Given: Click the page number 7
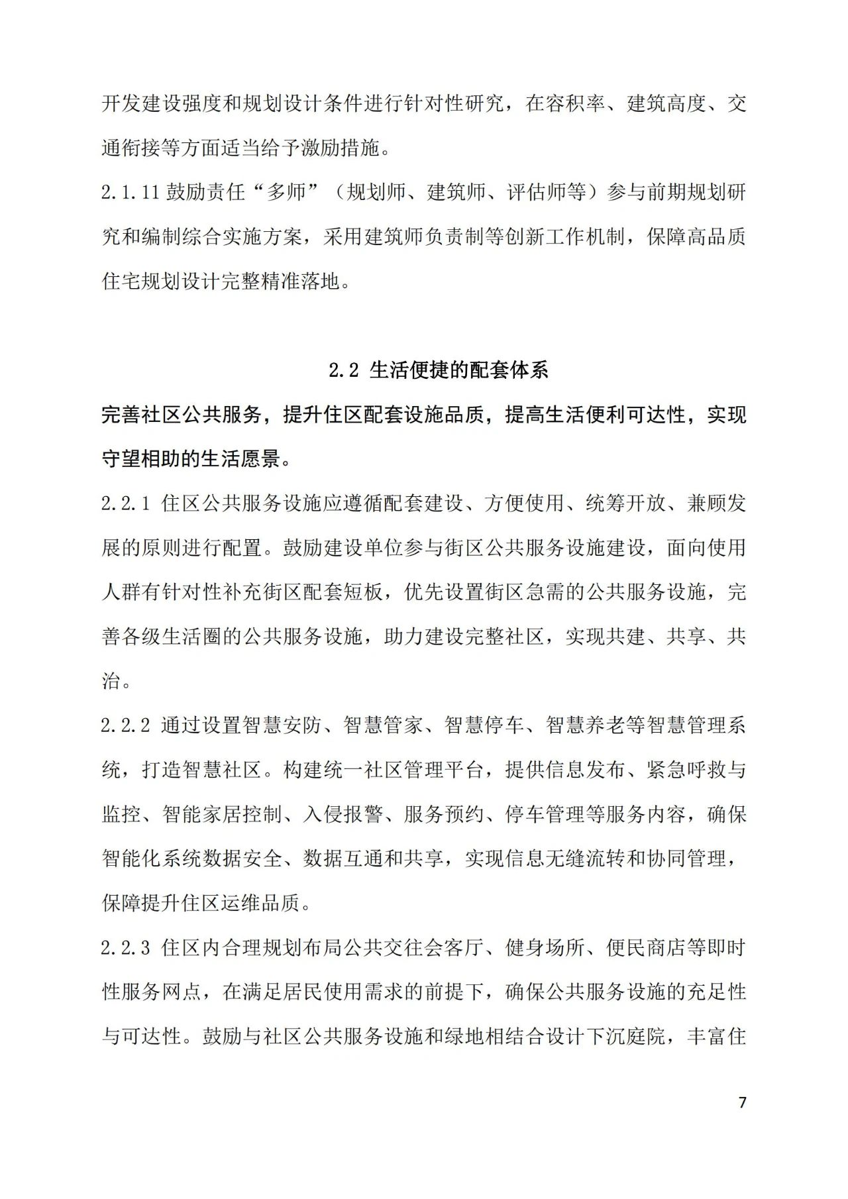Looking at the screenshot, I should click(742, 1102).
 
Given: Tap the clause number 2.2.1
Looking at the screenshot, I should click(126, 503).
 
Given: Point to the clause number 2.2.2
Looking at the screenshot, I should click(126, 725).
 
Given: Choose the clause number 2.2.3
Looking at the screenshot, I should click(126, 948).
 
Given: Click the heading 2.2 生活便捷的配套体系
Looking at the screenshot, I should click(439, 370).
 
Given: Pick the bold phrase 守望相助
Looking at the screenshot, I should click(141, 459).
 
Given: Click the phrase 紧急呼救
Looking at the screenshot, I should click(686, 770).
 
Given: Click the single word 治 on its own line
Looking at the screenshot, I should click(111, 681).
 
